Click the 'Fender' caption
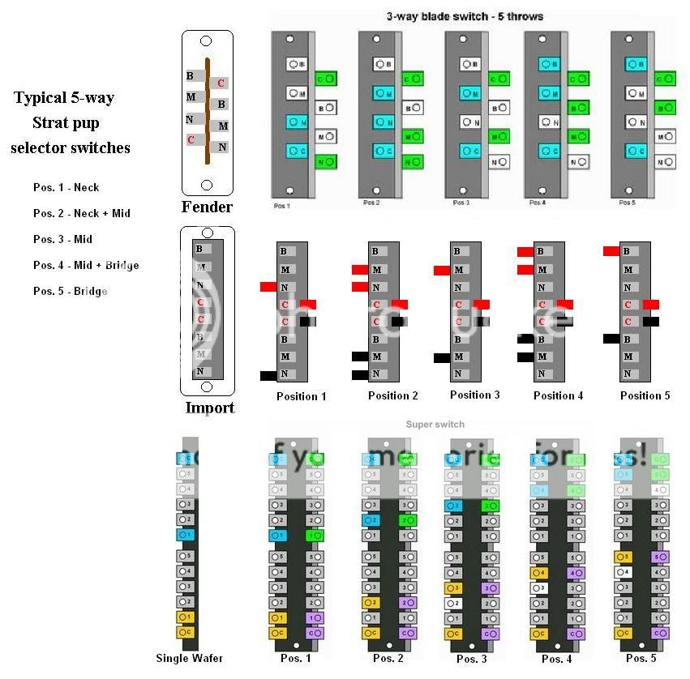tap(207, 207)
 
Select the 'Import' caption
tap(209, 408)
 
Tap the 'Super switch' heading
tap(435, 424)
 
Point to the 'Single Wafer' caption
tap(190, 658)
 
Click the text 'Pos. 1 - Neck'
tap(66, 187)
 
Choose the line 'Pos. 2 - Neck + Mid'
tap(82, 213)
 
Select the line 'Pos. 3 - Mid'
tap(63, 239)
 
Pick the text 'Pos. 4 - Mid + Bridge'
tap(86, 265)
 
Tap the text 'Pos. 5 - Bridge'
tap(71, 291)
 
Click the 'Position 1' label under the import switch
tap(302, 396)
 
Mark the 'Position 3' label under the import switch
tap(475, 395)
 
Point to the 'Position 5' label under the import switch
tap(645, 395)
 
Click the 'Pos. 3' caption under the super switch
tap(472, 658)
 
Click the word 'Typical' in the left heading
tap(41, 98)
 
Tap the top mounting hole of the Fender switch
tap(206, 41)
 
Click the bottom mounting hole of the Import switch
tap(206, 386)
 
